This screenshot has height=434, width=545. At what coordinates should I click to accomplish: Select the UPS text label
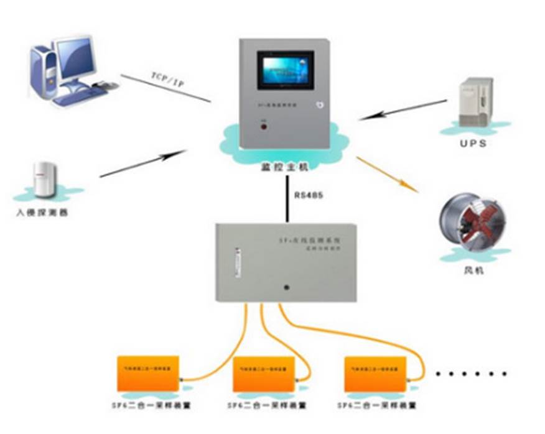click(x=475, y=143)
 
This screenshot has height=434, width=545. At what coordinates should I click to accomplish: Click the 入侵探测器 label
click(x=42, y=213)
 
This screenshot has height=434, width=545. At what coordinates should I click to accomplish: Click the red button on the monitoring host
click(x=264, y=127)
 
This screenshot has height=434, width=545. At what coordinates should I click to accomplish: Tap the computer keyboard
click(x=78, y=94)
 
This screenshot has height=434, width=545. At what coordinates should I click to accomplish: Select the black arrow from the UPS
click(x=404, y=109)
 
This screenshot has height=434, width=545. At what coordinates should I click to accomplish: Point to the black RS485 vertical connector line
click(x=287, y=198)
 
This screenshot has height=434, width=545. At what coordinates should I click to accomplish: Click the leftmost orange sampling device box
click(x=148, y=372)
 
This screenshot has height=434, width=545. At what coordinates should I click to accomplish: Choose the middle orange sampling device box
click(x=264, y=372)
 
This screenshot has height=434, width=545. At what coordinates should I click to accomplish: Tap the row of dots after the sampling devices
click(x=472, y=374)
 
